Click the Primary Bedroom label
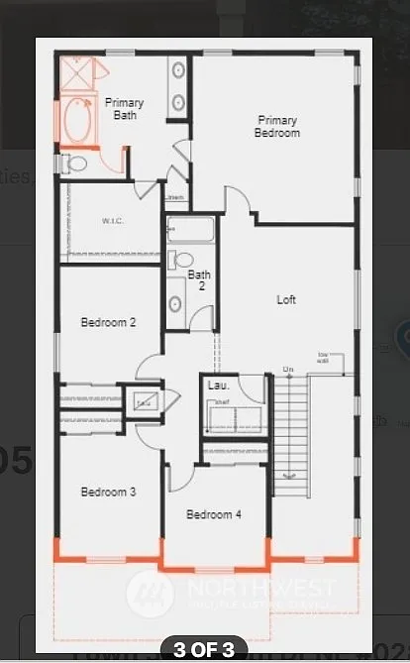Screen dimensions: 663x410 [x=276, y=126]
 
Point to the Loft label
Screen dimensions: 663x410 [x=286, y=299]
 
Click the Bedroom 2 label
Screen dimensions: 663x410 [x=108, y=322]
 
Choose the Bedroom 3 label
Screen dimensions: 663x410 [x=108, y=492]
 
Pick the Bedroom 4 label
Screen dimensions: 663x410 [x=213, y=514]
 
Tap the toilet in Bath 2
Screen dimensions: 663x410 [x=179, y=261]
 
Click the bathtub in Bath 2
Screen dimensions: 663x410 [x=191, y=231]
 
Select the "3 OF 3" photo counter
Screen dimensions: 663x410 [x=205, y=650]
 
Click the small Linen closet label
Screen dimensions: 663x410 [x=174, y=198]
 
